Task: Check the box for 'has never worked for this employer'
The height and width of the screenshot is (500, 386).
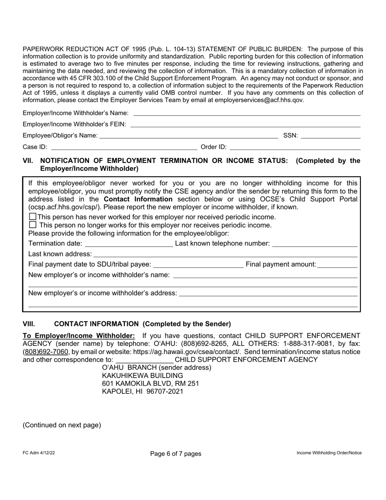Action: (x=33, y=217)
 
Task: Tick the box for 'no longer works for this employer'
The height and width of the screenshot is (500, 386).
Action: (x=33, y=224)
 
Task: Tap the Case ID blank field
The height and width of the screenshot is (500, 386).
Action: (x=124, y=147)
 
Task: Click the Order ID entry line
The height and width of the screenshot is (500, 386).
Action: (x=295, y=147)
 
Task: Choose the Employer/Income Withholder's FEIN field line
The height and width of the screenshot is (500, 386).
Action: (x=245, y=124)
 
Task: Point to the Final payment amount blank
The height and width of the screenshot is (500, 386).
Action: (x=337, y=265)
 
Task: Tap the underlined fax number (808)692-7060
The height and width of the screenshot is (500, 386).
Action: (x=46, y=352)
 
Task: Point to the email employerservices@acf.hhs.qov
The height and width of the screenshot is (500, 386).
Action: (x=259, y=100)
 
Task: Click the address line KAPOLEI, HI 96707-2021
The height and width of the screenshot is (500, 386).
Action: (x=143, y=391)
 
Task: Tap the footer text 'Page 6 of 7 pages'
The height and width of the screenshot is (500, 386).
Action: (x=176, y=454)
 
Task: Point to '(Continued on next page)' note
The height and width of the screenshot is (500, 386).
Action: (x=62, y=425)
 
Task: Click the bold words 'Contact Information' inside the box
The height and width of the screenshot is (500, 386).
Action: (x=138, y=199)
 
